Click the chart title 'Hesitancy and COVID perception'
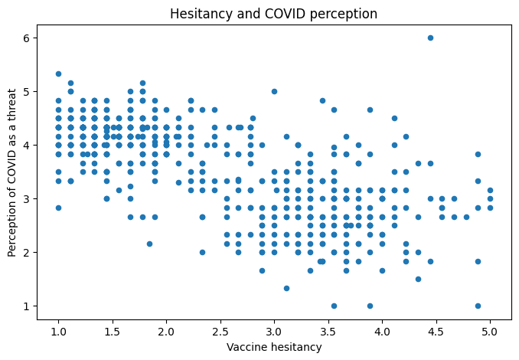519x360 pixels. [274, 13]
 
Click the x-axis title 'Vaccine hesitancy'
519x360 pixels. [274, 347]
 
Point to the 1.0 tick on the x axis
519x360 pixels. [58, 332]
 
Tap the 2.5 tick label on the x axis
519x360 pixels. [220, 332]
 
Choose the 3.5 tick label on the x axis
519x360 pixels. [328, 332]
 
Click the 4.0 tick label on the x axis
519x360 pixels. [382, 332]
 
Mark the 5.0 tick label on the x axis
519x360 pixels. [490, 332]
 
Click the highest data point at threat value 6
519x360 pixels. [430, 38]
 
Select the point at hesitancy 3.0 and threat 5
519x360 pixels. [274, 91]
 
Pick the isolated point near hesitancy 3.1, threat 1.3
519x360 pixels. [286, 288]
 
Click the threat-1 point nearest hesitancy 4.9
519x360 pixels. [478, 306]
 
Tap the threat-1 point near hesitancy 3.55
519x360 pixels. [334, 306]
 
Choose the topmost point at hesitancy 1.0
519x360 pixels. [58, 74]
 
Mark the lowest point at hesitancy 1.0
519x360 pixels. [58, 208]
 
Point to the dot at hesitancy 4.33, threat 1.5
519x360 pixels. [418, 279]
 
